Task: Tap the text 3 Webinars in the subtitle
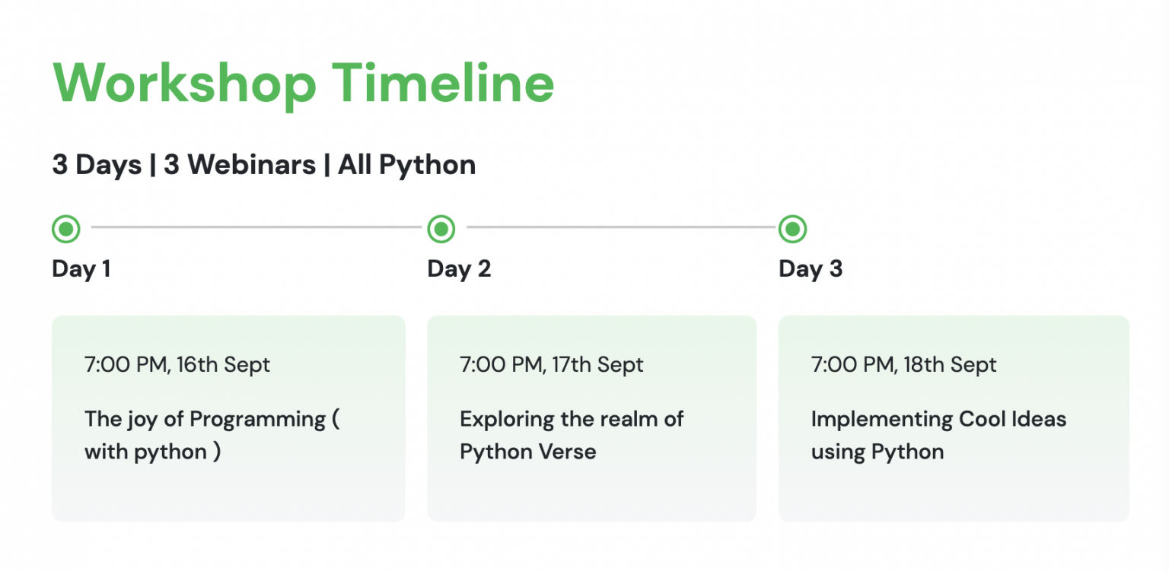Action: (240, 164)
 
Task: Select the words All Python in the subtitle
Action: (407, 164)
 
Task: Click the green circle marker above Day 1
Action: (66, 228)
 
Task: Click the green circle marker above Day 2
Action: (441, 228)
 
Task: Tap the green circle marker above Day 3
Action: (793, 228)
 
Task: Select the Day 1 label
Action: (81, 269)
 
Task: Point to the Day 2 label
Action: (459, 269)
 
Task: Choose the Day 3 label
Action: (811, 269)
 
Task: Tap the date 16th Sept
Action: (223, 365)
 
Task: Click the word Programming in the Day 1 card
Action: (257, 420)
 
